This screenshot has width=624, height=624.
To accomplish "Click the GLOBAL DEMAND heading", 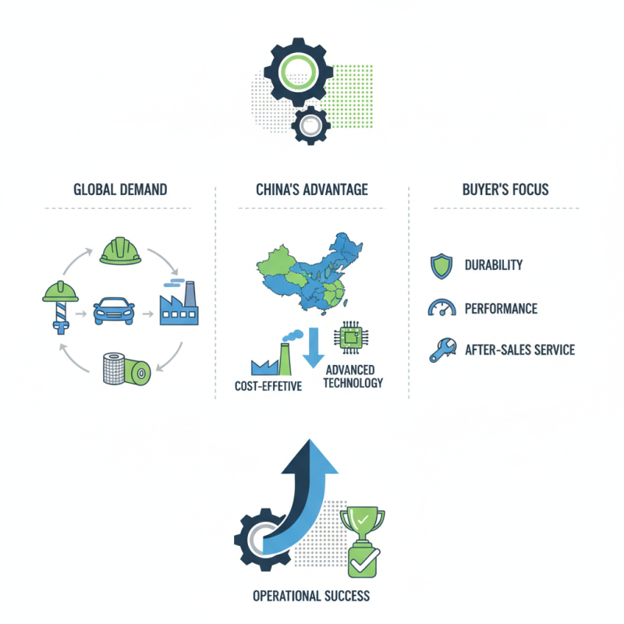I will tap(120, 190).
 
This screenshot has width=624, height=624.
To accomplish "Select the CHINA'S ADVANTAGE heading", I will tap(312, 190).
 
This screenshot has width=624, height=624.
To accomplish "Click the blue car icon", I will tap(114, 312).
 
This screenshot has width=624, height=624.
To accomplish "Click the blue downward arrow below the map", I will tap(313, 347).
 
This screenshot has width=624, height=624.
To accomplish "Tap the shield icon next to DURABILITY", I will tap(440, 265).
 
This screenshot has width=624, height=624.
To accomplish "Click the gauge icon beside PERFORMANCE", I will tap(441, 308).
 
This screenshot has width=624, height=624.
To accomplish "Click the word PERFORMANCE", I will tap(501, 308).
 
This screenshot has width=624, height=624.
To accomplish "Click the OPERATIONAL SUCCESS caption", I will tap(311, 597).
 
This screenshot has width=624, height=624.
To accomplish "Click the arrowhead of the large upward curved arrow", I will tap(319, 453).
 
